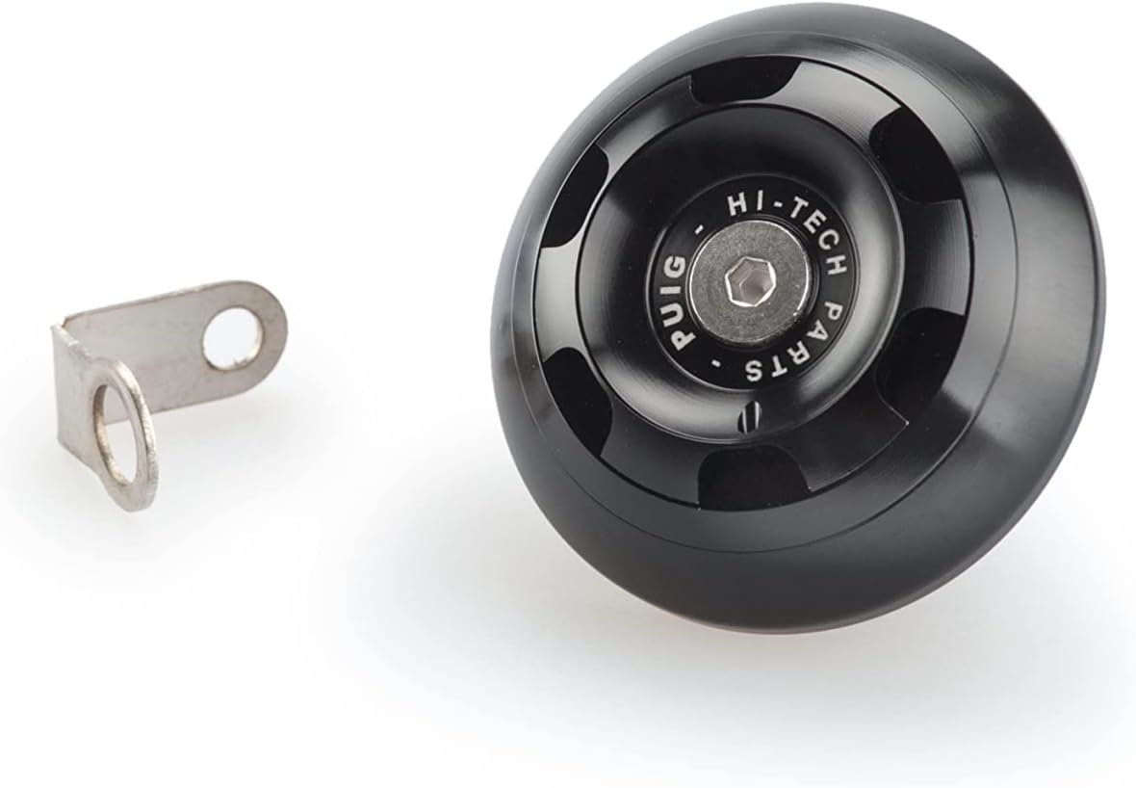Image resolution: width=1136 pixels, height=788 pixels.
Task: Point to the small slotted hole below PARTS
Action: pyautogui.click(x=750, y=417)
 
